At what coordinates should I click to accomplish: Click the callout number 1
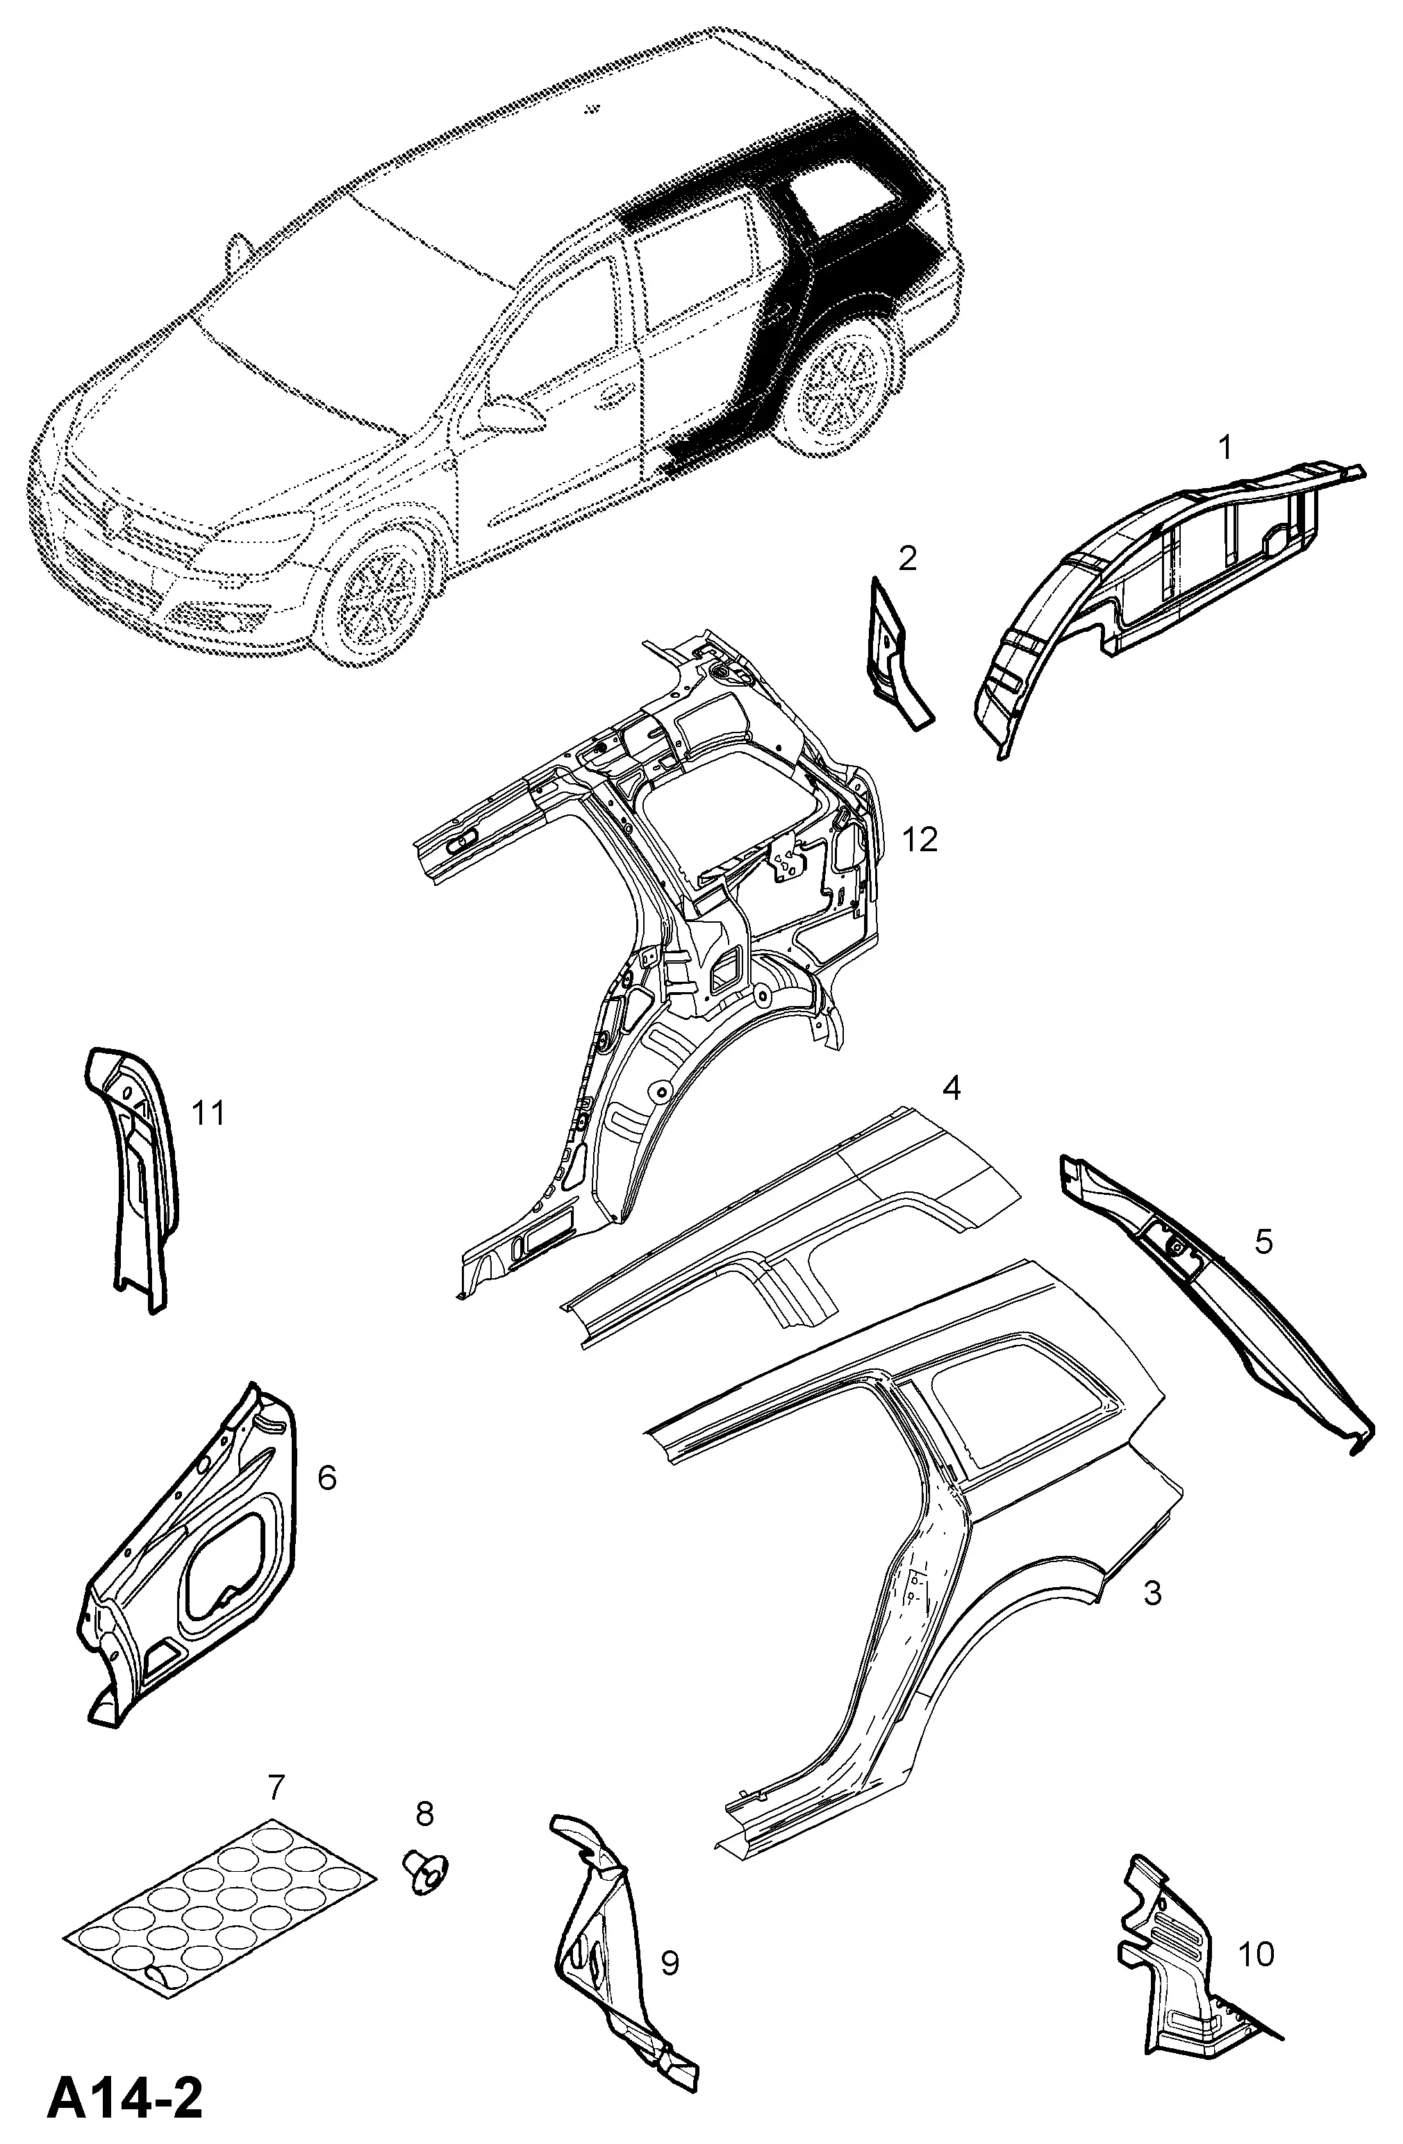click(x=1224, y=447)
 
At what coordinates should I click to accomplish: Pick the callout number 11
click(x=208, y=1114)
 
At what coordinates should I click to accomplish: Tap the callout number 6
click(x=327, y=1477)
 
